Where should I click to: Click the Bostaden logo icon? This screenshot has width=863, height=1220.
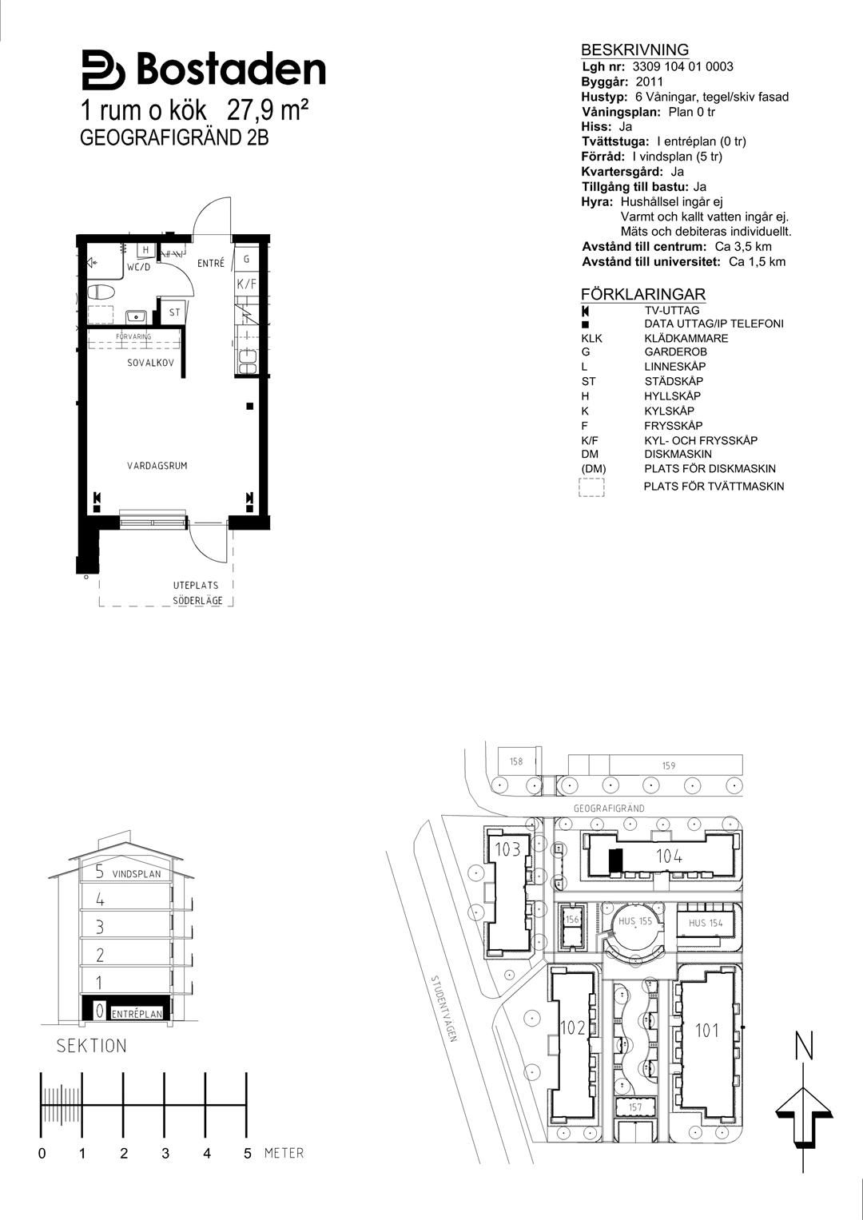point(104,70)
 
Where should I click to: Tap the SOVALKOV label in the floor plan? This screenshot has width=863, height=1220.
point(150,363)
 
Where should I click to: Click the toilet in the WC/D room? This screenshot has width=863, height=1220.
point(101,292)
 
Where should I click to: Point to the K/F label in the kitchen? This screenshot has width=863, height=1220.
point(246,284)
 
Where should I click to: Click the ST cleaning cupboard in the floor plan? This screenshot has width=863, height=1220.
point(174,312)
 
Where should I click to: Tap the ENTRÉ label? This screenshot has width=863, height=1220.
point(211,263)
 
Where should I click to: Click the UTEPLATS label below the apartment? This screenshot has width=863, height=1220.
point(196,586)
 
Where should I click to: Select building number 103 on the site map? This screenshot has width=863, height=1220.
point(507,848)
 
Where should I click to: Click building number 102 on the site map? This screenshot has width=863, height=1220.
point(573,1027)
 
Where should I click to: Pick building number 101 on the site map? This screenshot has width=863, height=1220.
point(706,1030)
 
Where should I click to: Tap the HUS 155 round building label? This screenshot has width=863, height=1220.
point(635,921)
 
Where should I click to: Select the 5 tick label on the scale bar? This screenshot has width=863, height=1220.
point(248,1153)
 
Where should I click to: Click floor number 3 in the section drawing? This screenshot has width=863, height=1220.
point(100,927)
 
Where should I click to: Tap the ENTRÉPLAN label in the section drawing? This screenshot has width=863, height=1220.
point(137,1014)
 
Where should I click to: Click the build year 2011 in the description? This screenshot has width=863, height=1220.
point(650,81)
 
